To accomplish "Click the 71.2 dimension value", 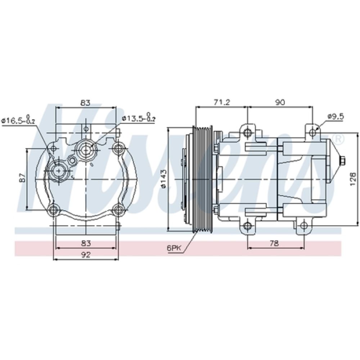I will (221, 102).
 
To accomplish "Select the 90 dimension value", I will (280, 102).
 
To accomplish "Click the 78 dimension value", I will (274, 244).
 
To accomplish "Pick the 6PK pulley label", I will (174, 248).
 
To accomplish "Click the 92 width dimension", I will (85, 255).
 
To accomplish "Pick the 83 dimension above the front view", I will (85, 103).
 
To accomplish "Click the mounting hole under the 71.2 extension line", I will (247, 133).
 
